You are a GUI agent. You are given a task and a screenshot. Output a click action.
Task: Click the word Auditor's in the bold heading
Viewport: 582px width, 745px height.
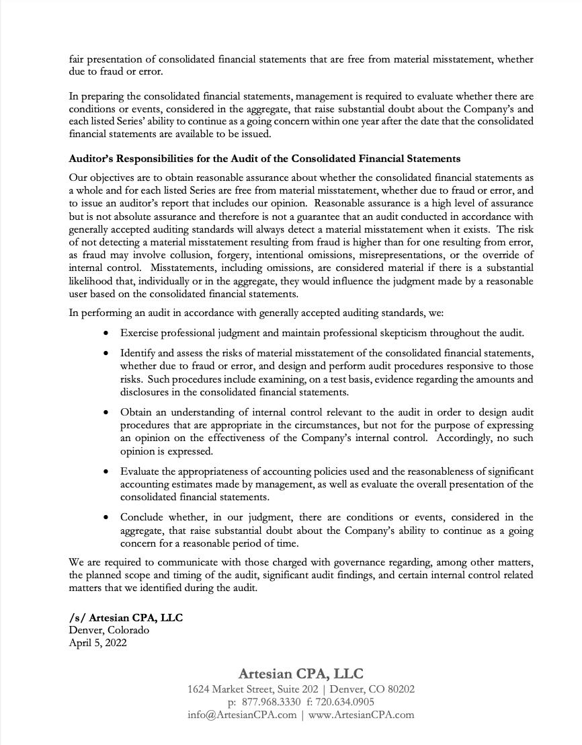tap(92, 159)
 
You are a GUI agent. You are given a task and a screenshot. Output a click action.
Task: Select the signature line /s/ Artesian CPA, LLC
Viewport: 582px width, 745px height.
tap(126, 617)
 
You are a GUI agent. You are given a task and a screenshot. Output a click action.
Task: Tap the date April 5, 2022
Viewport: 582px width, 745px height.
tap(97, 643)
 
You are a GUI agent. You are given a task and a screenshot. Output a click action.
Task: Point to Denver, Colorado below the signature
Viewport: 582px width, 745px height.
tap(109, 630)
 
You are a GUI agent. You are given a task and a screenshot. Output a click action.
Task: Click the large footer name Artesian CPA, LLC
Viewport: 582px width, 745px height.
tap(300, 674)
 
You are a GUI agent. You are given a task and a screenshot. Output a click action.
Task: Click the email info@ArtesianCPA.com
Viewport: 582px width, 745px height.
tap(242, 715)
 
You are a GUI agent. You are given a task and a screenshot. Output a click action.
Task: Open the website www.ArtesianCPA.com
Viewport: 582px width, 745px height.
tap(361, 715)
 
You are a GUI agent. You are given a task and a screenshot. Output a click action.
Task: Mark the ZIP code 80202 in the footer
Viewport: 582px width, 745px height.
tap(401, 689)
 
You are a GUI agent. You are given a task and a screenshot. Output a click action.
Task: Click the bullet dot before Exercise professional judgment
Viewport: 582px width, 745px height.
tap(106, 333)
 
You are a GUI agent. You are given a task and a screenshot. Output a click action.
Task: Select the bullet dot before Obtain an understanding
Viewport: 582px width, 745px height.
tap(106, 412)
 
